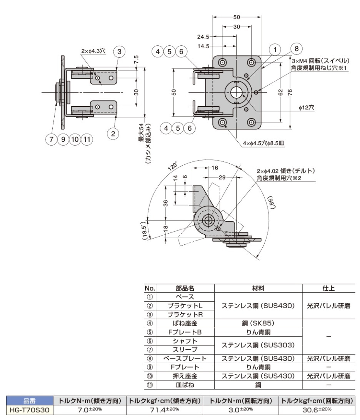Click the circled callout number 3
120,51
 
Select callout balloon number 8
296,49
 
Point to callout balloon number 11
87,139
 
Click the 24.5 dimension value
202,37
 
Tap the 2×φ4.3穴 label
93,51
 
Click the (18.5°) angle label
144,230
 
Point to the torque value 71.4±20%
164,410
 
